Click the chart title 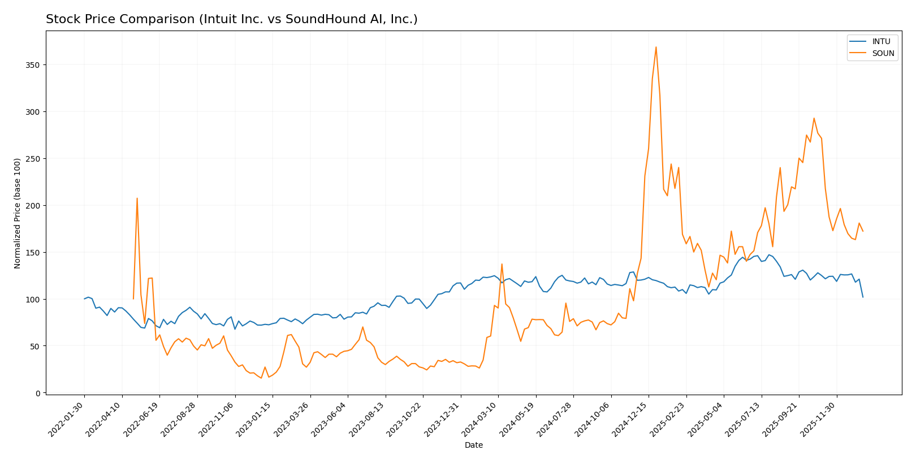[x=231, y=19]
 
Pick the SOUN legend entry [x=883, y=53]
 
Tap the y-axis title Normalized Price [x=18, y=213]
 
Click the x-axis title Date [x=473, y=445]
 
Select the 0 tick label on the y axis [x=38, y=393]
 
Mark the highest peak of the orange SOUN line [x=656, y=47]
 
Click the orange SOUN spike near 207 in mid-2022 [x=137, y=198]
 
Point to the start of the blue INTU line [x=84, y=299]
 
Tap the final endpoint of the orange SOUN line [x=863, y=231]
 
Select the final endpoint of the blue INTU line [x=863, y=297]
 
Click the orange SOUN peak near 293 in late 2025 [x=814, y=118]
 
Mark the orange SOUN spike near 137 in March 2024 [x=502, y=264]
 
